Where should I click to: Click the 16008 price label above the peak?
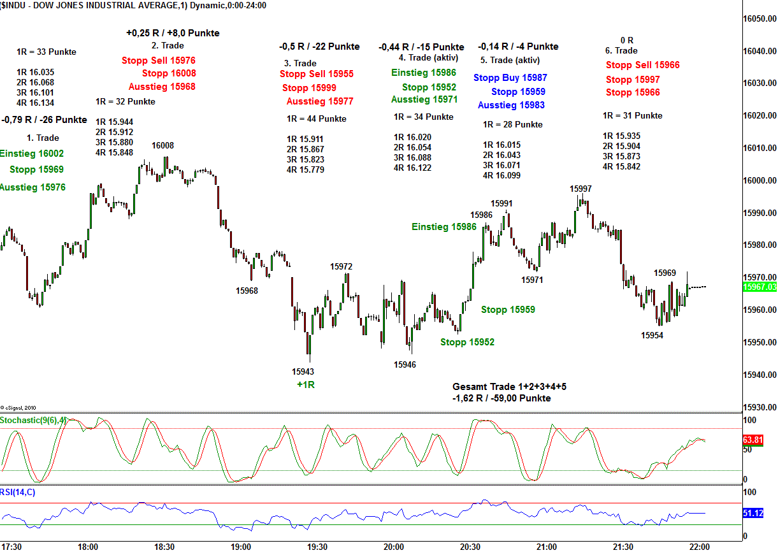click(162, 145)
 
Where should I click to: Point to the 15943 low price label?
click(303, 371)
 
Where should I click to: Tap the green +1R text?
click(306, 384)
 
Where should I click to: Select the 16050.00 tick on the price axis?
click(760, 19)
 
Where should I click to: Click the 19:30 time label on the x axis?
click(317, 547)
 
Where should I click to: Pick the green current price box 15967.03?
click(760, 287)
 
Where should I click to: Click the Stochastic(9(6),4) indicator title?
click(33, 420)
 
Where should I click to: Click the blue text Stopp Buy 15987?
click(510, 78)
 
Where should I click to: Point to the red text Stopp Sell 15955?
click(316, 74)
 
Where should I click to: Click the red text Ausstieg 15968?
click(162, 87)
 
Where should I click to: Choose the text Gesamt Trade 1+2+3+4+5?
click(509, 387)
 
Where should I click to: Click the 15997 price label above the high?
click(580, 189)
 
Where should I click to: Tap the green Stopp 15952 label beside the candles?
click(467, 342)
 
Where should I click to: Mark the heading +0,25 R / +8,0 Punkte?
click(173, 33)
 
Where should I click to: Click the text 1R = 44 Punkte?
click(317, 119)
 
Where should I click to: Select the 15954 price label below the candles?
click(652, 335)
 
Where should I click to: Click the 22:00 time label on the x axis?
click(699, 547)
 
